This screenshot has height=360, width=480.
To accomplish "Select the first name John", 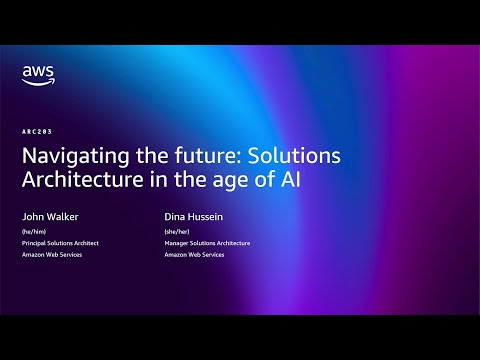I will click(x=32, y=215).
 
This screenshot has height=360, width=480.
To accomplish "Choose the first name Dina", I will click(x=176, y=215).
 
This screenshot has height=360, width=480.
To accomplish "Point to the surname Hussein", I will click(x=208, y=215).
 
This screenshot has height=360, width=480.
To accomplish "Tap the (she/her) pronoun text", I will click(x=178, y=230).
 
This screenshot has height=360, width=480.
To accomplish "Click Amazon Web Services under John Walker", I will click(x=52, y=256).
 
